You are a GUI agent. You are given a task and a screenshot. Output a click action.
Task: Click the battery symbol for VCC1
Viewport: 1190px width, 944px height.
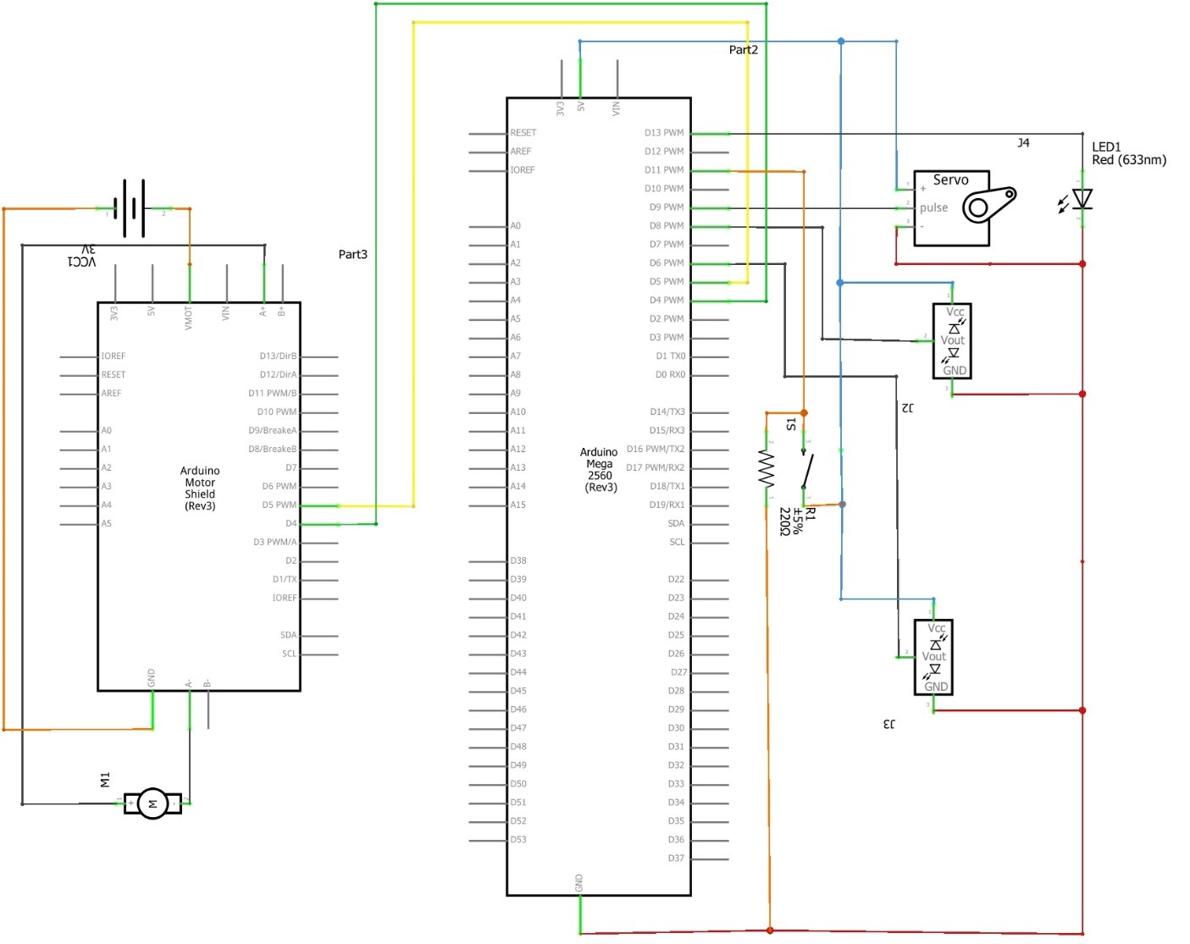tap(134, 208)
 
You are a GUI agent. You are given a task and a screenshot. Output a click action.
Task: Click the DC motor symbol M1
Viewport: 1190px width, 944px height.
tap(152, 803)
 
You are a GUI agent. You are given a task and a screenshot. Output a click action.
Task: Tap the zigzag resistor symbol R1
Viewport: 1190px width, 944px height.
tap(767, 468)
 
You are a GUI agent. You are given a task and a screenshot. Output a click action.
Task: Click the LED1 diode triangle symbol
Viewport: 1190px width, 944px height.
tap(1082, 199)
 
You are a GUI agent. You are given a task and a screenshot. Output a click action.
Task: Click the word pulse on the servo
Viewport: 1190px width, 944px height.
tap(933, 207)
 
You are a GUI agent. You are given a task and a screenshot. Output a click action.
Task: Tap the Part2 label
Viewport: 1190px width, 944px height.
tap(743, 50)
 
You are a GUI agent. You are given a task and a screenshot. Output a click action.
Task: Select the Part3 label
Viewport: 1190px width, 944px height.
tap(352, 254)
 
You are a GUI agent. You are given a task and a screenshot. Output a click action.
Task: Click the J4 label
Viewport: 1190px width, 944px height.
tap(1023, 143)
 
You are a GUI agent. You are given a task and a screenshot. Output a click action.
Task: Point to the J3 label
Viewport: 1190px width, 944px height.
tap(888, 724)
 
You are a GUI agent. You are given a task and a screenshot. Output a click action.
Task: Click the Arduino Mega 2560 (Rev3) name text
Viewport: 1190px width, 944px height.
tap(600, 470)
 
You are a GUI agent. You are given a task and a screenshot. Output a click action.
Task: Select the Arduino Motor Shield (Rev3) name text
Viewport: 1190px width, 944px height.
tap(200, 489)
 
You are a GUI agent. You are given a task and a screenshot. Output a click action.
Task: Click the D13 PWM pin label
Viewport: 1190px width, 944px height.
tap(663, 133)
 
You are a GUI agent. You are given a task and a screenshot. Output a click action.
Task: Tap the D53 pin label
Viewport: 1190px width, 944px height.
tap(518, 840)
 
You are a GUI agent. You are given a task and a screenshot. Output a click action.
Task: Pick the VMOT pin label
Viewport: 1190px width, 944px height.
tap(189, 317)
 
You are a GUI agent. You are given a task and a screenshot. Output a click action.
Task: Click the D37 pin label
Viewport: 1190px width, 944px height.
tap(675, 858)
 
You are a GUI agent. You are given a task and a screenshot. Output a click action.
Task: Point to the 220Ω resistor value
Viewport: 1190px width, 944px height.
tap(784, 522)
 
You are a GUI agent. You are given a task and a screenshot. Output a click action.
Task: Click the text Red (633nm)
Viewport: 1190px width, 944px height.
tap(1128, 160)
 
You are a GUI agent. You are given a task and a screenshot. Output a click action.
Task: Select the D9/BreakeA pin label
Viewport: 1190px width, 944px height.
tap(272, 431)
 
